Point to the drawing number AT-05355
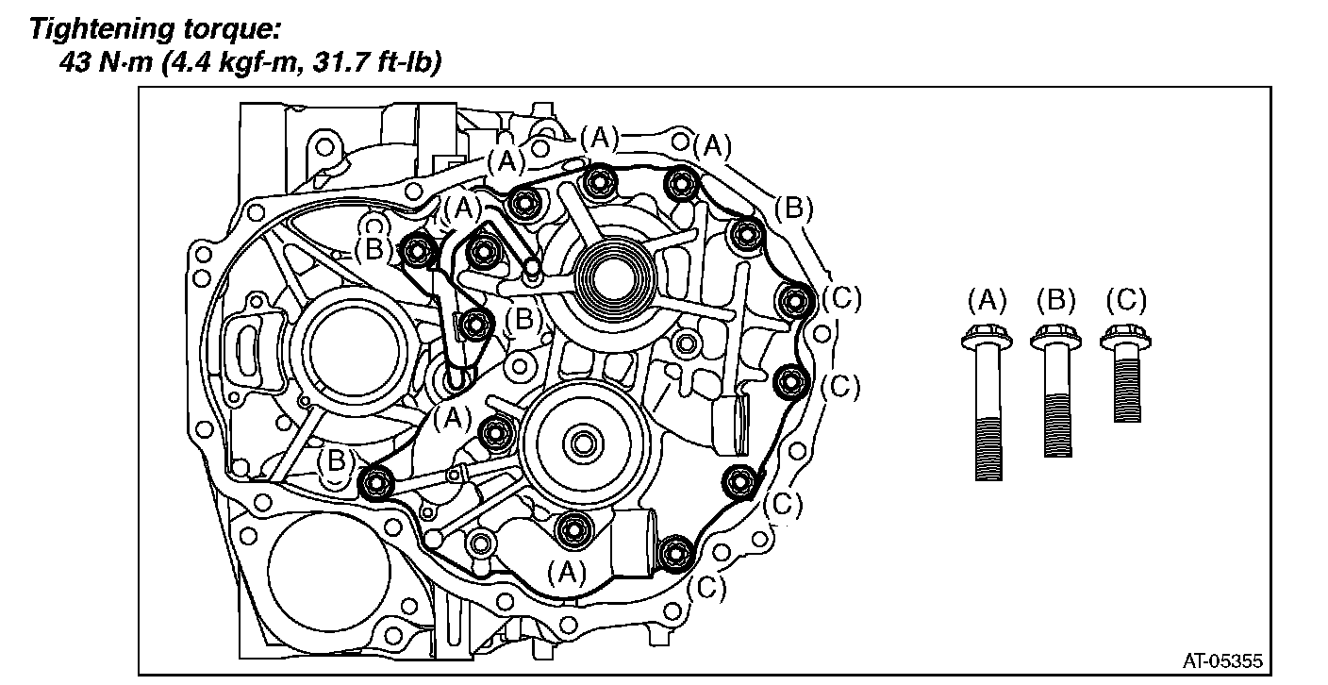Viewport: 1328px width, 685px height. tap(1222, 660)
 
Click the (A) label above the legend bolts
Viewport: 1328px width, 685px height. tap(987, 301)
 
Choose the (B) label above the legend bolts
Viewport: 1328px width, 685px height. tap(1056, 301)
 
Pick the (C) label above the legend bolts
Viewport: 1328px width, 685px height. tap(1126, 301)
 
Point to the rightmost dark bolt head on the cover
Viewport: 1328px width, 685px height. tap(794, 300)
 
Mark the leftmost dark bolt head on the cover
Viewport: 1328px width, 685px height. tap(376, 483)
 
